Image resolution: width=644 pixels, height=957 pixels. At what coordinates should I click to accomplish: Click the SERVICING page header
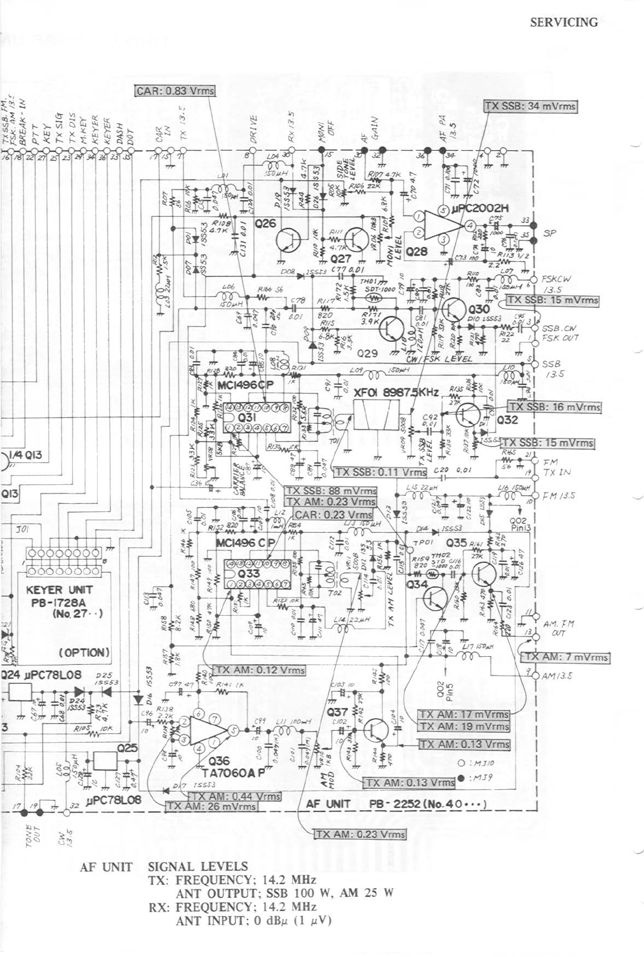click(563, 23)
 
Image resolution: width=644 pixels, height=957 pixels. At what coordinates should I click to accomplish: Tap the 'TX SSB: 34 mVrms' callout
click(530, 106)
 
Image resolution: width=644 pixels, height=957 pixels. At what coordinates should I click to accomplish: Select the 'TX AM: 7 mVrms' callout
click(566, 657)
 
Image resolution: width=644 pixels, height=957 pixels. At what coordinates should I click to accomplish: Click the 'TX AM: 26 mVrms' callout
click(211, 806)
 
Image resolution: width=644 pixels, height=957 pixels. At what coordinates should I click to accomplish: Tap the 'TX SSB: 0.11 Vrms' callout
click(380, 472)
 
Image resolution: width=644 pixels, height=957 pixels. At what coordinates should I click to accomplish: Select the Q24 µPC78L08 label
click(41, 675)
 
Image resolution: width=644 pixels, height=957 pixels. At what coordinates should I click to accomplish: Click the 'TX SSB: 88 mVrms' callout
click(330, 491)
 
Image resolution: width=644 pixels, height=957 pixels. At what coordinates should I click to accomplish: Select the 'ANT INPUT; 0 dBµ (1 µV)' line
click(254, 921)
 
